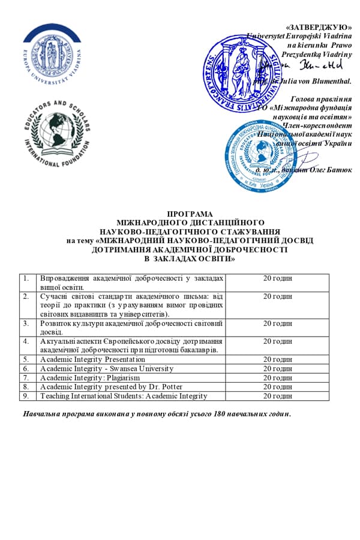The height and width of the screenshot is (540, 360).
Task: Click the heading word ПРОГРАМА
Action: point(181,214)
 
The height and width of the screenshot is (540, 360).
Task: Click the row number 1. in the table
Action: point(26,278)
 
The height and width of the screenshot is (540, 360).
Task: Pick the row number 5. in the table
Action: point(26,359)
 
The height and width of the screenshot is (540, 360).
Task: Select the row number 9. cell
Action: point(26,395)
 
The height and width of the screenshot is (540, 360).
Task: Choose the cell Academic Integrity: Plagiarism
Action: point(90,377)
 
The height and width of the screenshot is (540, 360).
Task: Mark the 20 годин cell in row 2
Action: point(278,296)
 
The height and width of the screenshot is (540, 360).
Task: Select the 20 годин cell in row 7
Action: point(278,377)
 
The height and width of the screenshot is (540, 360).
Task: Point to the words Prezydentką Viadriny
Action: point(321,54)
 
